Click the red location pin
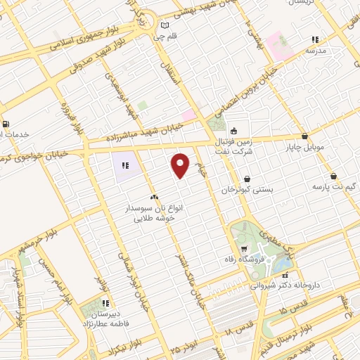(181, 165)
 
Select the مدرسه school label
(316, 51)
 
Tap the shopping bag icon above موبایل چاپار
(304, 136)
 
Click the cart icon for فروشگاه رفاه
(243, 249)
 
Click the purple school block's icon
(124, 166)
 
